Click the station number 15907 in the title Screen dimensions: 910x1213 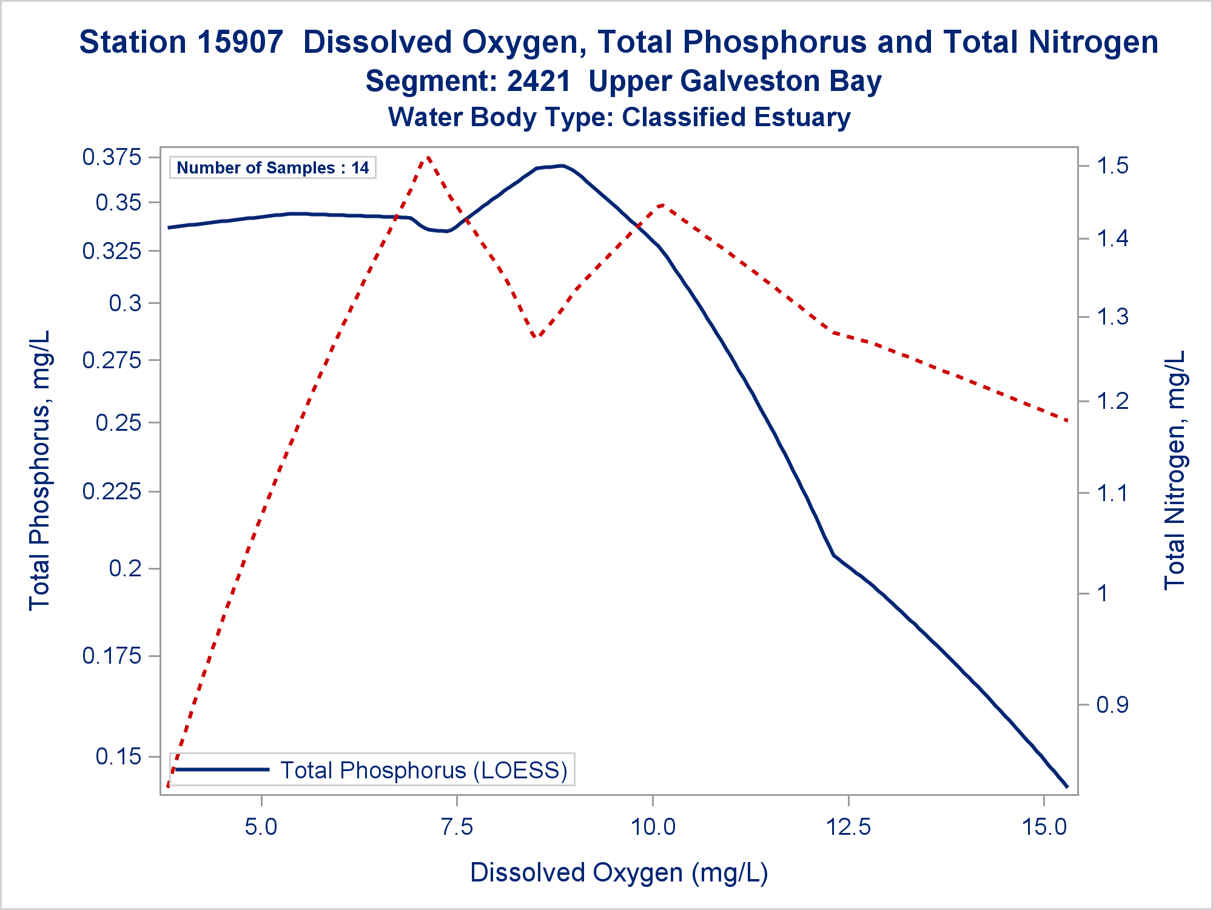point(241,42)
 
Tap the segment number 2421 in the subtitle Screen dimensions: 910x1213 point(539,81)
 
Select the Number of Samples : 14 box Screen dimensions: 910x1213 point(272,168)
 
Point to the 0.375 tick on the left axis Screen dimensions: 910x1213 point(112,158)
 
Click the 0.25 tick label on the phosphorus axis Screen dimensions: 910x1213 point(118,423)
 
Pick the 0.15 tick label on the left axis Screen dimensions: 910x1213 point(118,757)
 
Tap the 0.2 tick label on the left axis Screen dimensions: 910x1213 point(125,568)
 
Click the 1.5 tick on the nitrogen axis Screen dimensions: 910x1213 point(1112,166)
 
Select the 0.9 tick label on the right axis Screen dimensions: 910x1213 point(1112,705)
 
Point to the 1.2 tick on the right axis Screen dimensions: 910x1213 point(1112,401)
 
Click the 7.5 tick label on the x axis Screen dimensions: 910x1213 point(457,827)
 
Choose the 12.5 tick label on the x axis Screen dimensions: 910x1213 point(848,827)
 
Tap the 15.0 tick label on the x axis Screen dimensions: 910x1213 point(1044,827)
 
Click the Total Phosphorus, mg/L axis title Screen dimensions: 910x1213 point(40,470)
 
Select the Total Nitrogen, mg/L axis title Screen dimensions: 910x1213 point(1175,470)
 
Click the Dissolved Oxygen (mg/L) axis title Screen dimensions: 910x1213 point(619,873)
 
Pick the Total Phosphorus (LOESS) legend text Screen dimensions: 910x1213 point(423,770)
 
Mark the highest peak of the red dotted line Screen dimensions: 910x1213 point(428,157)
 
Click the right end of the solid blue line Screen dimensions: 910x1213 point(1067,787)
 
